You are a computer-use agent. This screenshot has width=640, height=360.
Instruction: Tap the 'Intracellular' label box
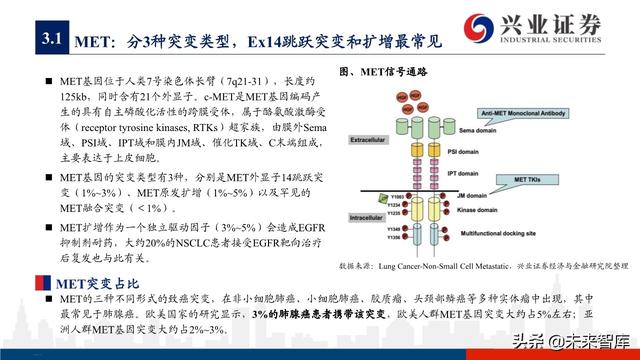pos(381,213)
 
